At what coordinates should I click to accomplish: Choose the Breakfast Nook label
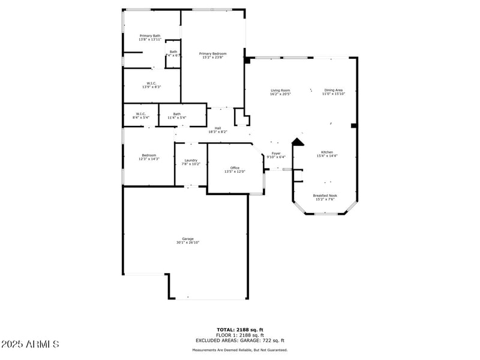(x=325, y=196)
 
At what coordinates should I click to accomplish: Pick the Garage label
(x=188, y=239)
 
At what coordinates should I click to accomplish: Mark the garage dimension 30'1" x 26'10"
(x=188, y=242)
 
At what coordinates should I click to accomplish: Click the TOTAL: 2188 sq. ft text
(x=240, y=329)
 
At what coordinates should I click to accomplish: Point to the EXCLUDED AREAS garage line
(x=240, y=340)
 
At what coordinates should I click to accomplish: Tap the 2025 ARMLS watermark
(x=30, y=344)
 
